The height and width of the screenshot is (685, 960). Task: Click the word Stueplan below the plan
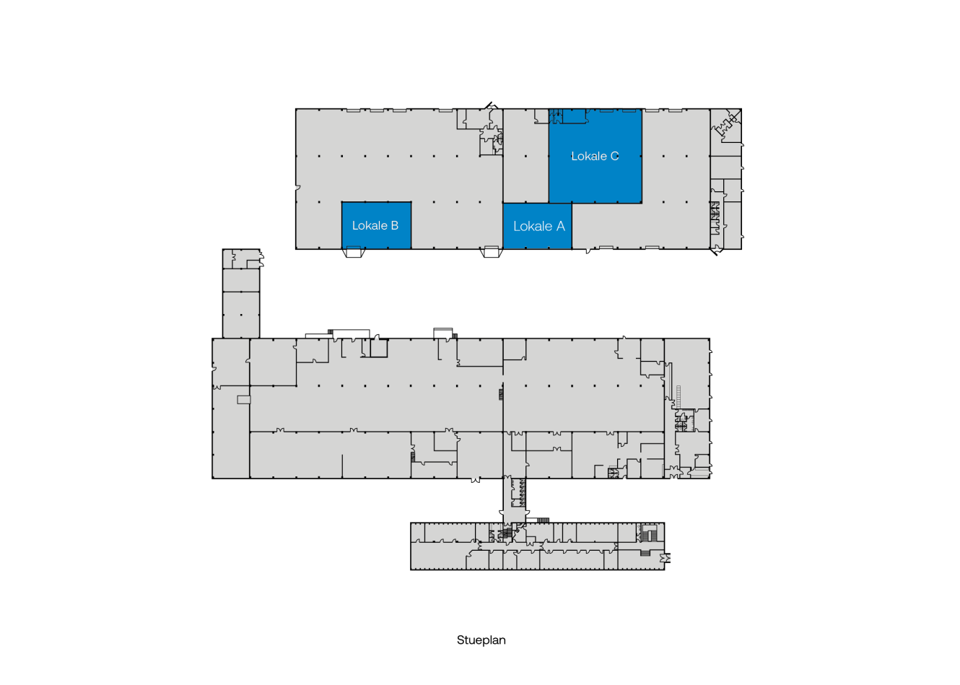click(x=481, y=640)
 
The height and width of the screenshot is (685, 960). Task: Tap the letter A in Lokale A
click(x=560, y=227)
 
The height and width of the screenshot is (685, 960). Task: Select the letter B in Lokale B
click(x=394, y=225)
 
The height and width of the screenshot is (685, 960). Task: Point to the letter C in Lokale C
click(x=614, y=156)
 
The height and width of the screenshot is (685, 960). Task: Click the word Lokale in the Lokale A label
click(x=533, y=227)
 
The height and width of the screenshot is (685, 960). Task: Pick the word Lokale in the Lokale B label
click(x=370, y=225)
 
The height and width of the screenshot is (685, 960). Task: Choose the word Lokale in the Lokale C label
click(x=589, y=156)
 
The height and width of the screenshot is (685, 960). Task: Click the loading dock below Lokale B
click(x=354, y=252)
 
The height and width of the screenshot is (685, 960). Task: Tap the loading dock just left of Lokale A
click(x=491, y=252)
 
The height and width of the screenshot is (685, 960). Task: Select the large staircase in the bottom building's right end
click(x=651, y=533)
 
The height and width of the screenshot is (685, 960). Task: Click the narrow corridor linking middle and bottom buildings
click(x=514, y=500)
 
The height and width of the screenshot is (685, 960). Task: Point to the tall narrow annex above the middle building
click(x=241, y=294)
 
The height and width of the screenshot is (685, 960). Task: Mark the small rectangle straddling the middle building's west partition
click(x=244, y=399)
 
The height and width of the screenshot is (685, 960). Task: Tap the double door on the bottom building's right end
click(x=666, y=558)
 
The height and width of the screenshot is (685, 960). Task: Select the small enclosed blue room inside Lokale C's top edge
click(x=575, y=116)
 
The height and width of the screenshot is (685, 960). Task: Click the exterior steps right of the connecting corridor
click(x=543, y=520)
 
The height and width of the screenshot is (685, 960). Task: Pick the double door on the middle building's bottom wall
click(x=475, y=480)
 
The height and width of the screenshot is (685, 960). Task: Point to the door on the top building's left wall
click(x=297, y=188)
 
